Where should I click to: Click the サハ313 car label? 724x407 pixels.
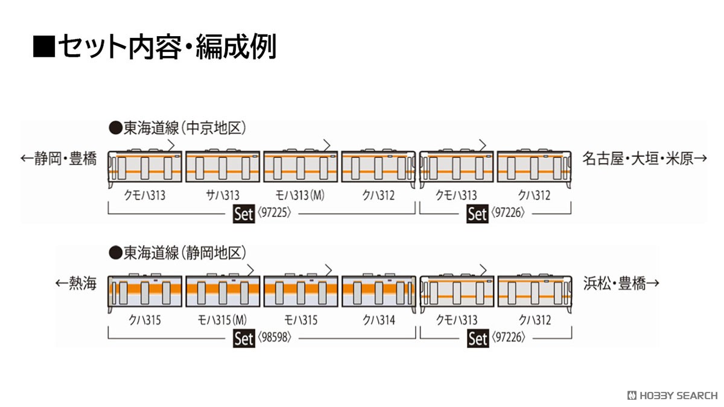point(223,195)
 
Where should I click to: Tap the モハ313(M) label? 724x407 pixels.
point(300,195)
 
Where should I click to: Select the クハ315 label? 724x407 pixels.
point(144,320)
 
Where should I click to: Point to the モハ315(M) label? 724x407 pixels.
point(222,320)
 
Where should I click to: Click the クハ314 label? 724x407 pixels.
point(378,320)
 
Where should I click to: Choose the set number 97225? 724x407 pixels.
point(275,212)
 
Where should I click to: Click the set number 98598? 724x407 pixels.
point(275,337)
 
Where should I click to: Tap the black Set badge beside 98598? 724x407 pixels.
point(244,338)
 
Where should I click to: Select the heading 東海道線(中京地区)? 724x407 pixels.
point(177,128)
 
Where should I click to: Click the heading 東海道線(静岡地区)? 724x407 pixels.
point(177,253)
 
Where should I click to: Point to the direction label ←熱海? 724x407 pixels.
point(76,283)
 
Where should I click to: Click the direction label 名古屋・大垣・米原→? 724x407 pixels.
point(645,159)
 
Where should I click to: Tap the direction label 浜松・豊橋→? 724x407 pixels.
point(621,283)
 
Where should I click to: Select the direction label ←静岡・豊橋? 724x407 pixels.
point(59,159)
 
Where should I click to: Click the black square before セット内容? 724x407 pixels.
point(44,46)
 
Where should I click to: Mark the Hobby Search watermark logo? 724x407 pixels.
point(672,396)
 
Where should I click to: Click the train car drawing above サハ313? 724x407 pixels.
point(223,165)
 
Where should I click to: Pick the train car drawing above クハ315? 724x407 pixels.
point(144,292)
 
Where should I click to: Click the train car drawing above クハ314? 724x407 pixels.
point(379,292)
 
